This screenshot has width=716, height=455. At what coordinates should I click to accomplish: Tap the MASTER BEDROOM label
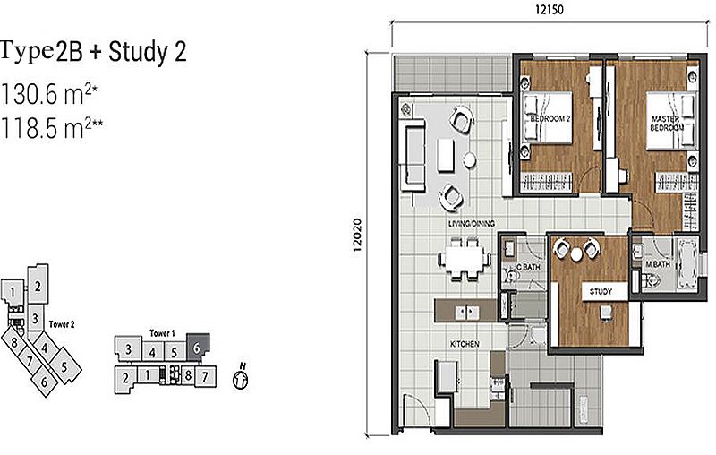(667, 124)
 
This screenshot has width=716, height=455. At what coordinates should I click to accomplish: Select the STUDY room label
(600, 291)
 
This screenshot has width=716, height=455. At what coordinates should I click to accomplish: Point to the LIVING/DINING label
(473, 223)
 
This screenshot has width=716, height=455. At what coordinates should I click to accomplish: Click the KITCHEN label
(465, 345)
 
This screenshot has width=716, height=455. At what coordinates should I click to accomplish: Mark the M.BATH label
(660, 264)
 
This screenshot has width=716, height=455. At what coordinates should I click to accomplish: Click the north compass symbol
(240, 378)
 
